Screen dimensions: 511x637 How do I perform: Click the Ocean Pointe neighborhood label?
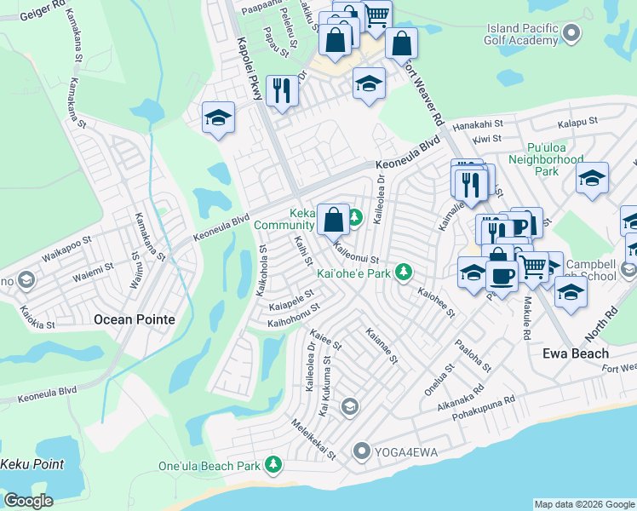click(134, 319)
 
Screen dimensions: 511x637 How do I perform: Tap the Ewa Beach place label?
click(577, 353)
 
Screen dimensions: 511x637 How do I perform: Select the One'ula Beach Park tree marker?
click(273, 465)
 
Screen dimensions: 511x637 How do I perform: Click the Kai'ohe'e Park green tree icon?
click(404, 273)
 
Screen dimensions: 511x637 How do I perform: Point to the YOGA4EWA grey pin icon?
click(362, 451)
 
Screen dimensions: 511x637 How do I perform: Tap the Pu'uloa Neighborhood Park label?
click(545, 158)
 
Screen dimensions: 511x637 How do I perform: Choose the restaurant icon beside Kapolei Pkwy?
click(282, 89)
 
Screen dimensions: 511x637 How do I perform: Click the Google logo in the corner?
click(28, 500)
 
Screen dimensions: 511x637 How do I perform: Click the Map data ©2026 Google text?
click(584, 504)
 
